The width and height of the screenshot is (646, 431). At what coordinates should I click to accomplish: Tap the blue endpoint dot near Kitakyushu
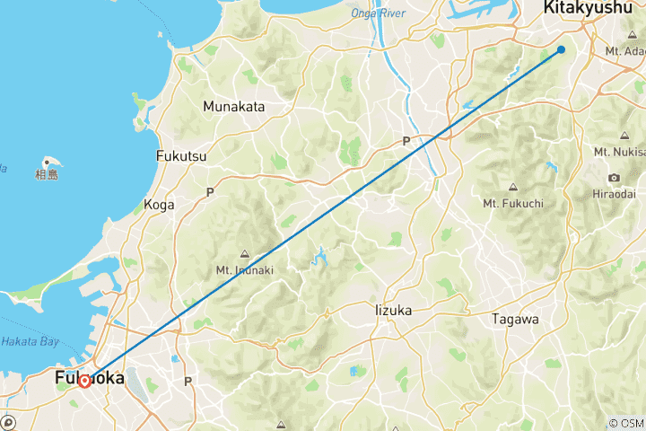[x=561, y=49]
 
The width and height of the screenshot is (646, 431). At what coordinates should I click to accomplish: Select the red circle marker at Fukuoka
[x=83, y=381]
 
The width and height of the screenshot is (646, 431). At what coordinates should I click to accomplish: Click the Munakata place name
[x=234, y=107]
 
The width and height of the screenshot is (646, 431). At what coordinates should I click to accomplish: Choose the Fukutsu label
[x=181, y=156]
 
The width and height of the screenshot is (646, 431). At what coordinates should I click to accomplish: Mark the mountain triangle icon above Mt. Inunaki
[x=244, y=252]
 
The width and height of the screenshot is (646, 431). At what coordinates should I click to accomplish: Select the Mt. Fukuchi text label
[x=513, y=203]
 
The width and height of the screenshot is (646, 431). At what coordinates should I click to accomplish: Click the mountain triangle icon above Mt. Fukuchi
[x=512, y=187]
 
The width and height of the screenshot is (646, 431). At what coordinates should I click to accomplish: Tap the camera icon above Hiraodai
[x=614, y=178]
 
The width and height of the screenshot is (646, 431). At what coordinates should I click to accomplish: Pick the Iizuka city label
[x=393, y=310]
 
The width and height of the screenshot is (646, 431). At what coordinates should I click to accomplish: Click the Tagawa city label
[x=515, y=319]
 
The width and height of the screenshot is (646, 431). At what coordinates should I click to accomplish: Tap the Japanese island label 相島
[x=47, y=175]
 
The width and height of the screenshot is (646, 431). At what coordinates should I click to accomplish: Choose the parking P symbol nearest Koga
[x=210, y=192]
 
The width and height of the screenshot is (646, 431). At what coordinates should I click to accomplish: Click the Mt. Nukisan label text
[x=619, y=153]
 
